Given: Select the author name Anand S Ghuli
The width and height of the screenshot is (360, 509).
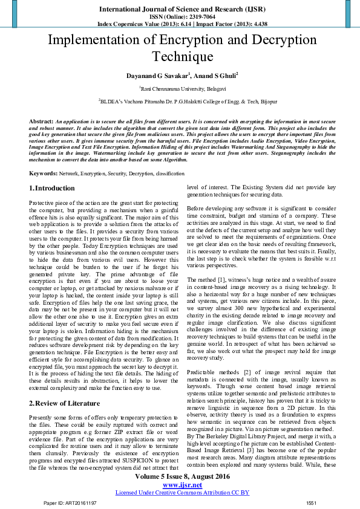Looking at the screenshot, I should (216, 76).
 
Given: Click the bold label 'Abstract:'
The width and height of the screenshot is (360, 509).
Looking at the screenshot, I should (41, 122).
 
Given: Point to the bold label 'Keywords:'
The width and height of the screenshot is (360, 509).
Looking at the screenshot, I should (44, 173).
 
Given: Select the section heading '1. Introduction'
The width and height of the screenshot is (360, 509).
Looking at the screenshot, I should (52, 189).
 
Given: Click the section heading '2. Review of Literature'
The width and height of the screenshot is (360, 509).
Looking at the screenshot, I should (65, 403).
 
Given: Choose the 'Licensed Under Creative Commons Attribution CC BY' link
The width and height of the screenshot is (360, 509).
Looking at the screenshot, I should (182, 492).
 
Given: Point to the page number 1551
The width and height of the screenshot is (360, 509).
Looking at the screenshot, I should (311, 503).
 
